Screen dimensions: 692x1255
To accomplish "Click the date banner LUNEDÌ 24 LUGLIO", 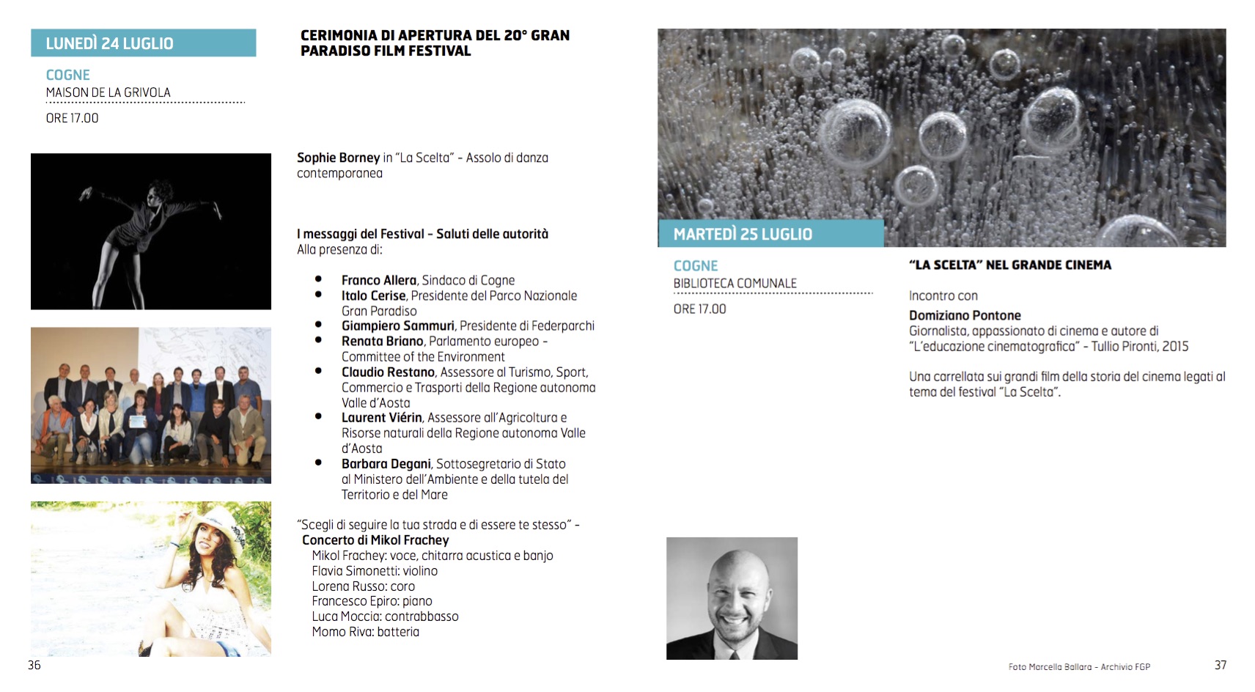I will (110, 43).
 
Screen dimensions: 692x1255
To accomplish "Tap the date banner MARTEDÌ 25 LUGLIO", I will (743, 234).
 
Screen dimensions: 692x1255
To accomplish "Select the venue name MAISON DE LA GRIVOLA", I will (108, 92).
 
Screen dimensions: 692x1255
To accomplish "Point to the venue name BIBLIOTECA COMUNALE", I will (735, 283).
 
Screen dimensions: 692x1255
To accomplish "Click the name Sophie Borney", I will (338, 158).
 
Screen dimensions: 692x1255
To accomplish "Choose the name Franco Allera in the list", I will (378, 280).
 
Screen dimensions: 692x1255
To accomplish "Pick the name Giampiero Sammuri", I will (397, 325).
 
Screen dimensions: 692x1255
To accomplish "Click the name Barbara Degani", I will (386, 463).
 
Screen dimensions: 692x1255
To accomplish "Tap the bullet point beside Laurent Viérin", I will (318, 416).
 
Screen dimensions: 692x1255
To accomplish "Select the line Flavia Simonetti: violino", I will (375, 570).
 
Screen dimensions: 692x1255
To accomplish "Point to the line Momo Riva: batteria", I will (365, 631).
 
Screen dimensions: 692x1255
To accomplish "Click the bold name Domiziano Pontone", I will (965, 315).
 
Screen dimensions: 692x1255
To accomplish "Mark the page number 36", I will (34, 665).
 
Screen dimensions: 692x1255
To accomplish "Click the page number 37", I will (1221, 665).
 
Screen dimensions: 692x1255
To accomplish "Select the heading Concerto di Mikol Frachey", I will (375, 540).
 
